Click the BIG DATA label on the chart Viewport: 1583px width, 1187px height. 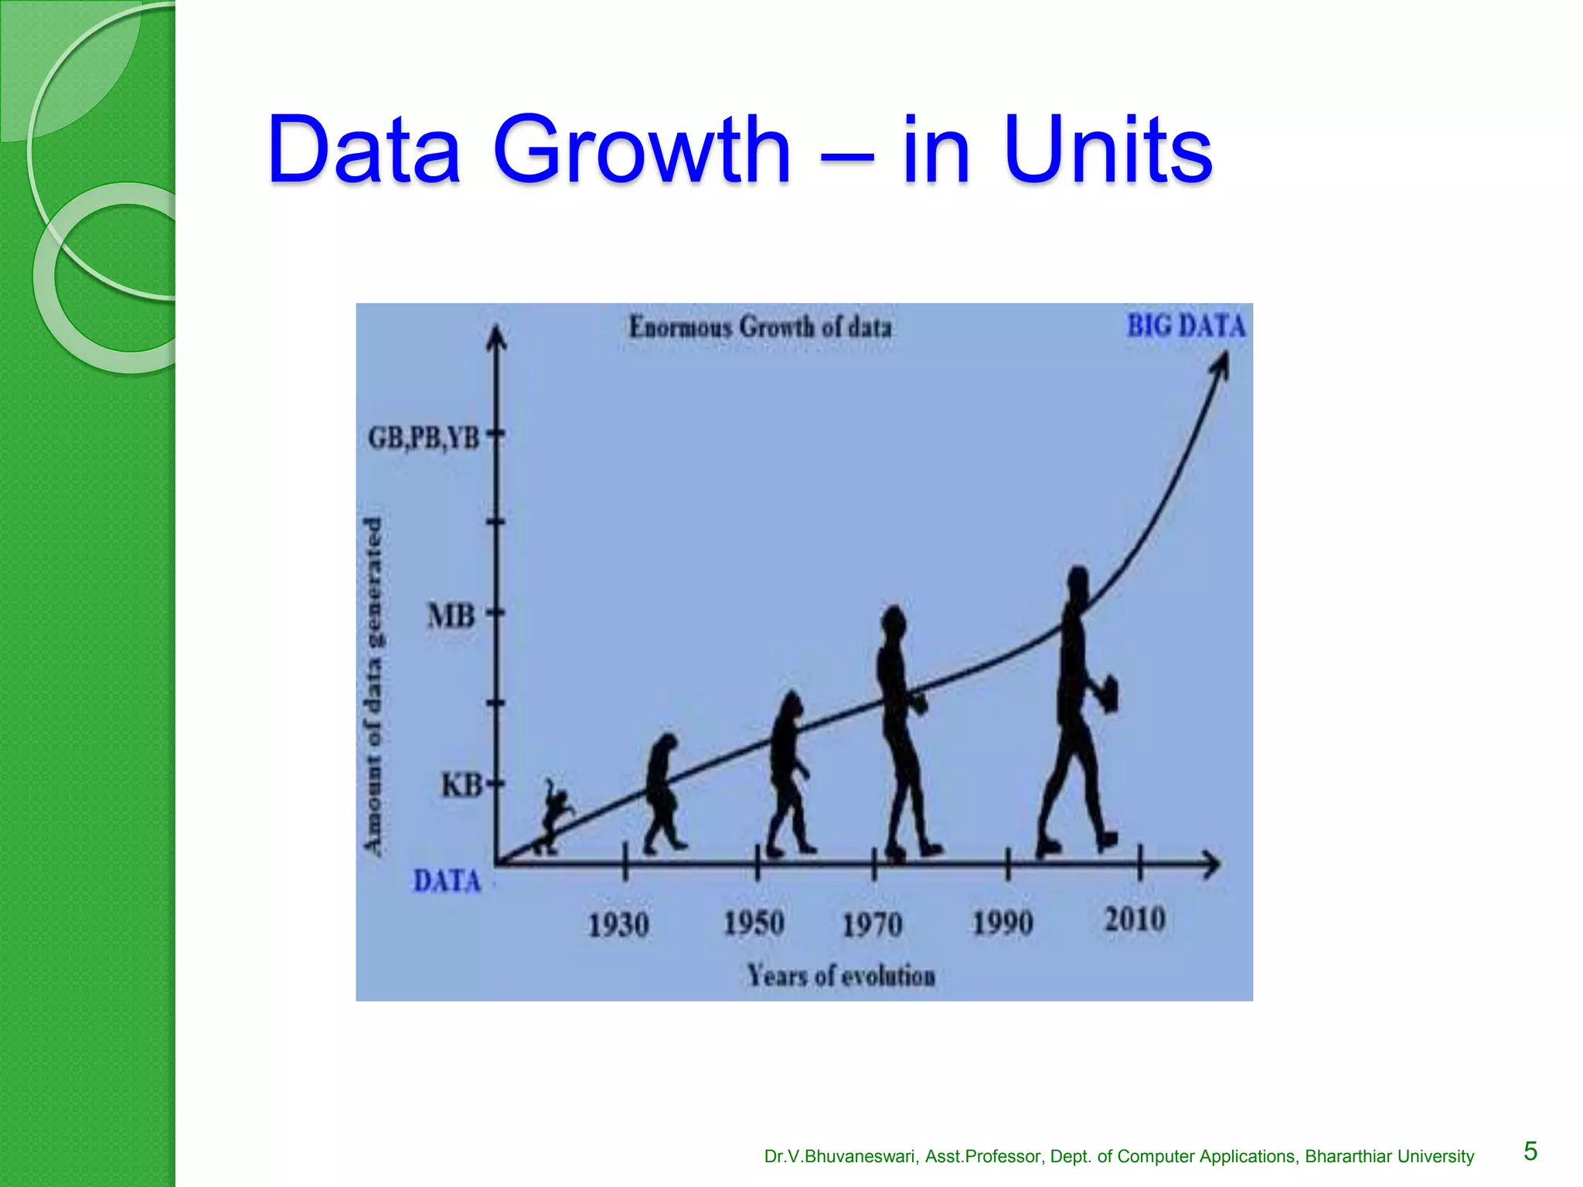click(x=1186, y=326)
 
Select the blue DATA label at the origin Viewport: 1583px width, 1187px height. click(x=447, y=882)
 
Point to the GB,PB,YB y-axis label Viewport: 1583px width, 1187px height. click(x=424, y=438)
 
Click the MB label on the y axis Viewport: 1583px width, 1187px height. click(x=451, y=617)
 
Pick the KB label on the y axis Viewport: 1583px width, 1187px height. click(x=461, y=786)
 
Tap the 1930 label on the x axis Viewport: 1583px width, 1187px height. click(x=618, y=925)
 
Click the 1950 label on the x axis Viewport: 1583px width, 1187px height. click(x=754, y=923)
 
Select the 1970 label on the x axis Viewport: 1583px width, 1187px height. click(x=872, y=925)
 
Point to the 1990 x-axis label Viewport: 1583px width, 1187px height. click(x=1003, y=923)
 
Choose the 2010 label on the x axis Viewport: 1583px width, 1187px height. click(x=1134, y=920)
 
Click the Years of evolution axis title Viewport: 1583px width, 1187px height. click(x=841, y=976)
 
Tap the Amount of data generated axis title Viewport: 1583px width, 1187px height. click(x=373, y=686)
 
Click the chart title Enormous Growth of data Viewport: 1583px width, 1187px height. click(x=760, y=328)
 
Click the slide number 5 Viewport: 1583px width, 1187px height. click(x=1530, y=1151)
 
